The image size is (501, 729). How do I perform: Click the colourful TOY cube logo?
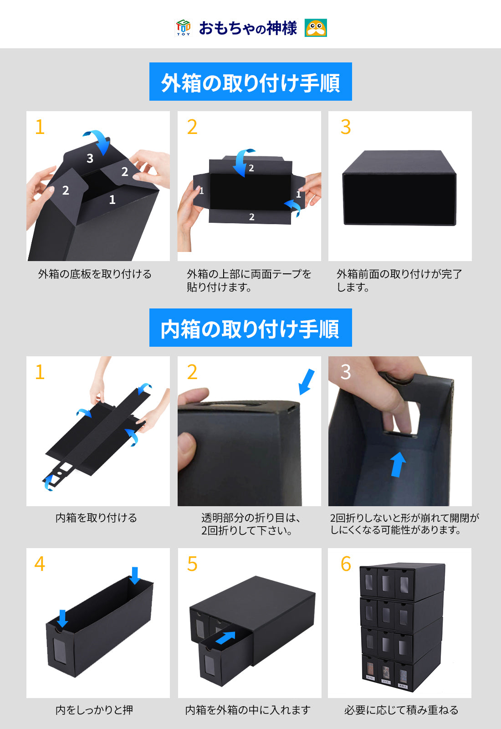[x=183, y=28]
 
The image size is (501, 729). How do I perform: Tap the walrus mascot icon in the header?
[x=316, y=28]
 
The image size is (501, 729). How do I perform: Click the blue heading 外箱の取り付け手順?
[x=250, y=82]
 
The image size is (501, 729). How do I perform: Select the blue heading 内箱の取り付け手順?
[x=250, y=328]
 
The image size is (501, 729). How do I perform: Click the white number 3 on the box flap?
[x=90, y=159]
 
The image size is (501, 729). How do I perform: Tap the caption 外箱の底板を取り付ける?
[x=95, y=274]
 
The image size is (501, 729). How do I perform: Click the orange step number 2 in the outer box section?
[x=192, y=127]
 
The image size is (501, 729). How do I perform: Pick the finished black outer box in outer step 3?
[x=399, y=188]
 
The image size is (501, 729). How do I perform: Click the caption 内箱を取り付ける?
[x=96, y=518]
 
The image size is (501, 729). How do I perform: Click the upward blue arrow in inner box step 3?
[x=398, y=464]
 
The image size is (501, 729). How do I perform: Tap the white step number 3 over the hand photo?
[x=346, y=372]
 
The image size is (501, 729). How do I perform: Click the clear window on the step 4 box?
[x=60, y=649]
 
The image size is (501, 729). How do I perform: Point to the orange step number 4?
[x=40, y=564]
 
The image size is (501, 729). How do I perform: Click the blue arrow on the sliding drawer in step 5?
[x=225, y=638]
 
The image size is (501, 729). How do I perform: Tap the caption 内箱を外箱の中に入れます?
[x=248, y=709]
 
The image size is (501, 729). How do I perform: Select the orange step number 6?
[x=346, y=564]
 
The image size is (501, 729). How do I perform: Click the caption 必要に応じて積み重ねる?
[x=401, y=709]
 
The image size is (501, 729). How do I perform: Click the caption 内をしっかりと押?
[x=94, y=709]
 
